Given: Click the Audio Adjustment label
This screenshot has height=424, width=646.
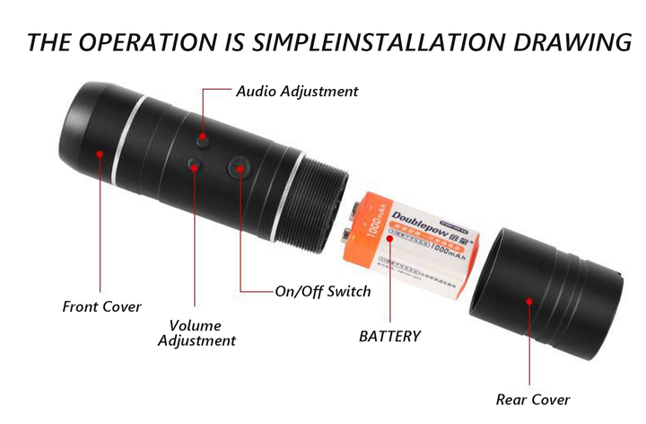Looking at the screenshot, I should pos(296,91).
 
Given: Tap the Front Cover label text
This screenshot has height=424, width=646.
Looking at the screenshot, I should pos(101,306).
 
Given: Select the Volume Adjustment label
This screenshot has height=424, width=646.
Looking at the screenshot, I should pos(196,332).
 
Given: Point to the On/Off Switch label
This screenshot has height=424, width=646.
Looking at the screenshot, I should pos(322,291).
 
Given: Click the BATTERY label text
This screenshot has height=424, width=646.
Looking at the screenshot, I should pos(389,336).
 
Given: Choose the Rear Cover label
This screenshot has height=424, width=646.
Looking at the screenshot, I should pos(533,400).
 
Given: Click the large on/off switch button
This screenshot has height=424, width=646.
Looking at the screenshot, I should pos(239,166).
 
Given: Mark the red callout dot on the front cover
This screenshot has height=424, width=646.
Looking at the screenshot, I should pos(100,154).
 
